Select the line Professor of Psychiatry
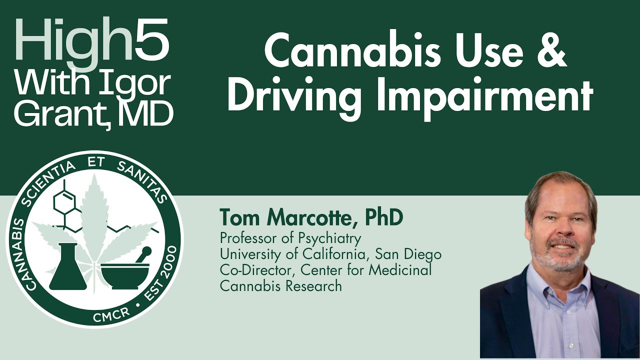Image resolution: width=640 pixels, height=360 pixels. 290,237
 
